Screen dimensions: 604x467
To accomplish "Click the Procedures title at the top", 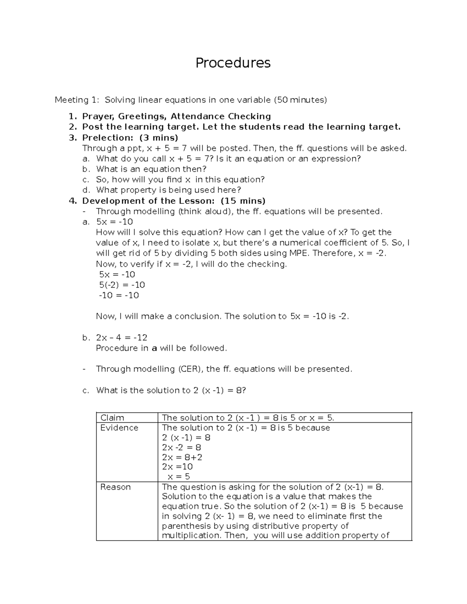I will coord(233,63).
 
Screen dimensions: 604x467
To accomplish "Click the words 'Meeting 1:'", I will coord(77,100).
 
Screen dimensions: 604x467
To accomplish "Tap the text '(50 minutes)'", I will coord(300,100).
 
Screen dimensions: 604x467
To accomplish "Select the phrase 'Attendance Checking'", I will coord(221,116).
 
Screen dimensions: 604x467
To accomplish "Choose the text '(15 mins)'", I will coord(243,201).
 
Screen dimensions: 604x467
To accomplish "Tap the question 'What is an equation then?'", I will coord(151,169).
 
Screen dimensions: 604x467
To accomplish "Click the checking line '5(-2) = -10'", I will coord(122,285).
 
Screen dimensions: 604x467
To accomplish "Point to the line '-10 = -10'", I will coord(119,295).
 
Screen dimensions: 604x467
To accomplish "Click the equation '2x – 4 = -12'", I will coord(122,338).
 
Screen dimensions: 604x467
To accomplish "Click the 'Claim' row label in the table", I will coord(112,418).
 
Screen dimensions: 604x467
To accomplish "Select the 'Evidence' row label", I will coord(119,428).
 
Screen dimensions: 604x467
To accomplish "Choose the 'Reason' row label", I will coord(115,487).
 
